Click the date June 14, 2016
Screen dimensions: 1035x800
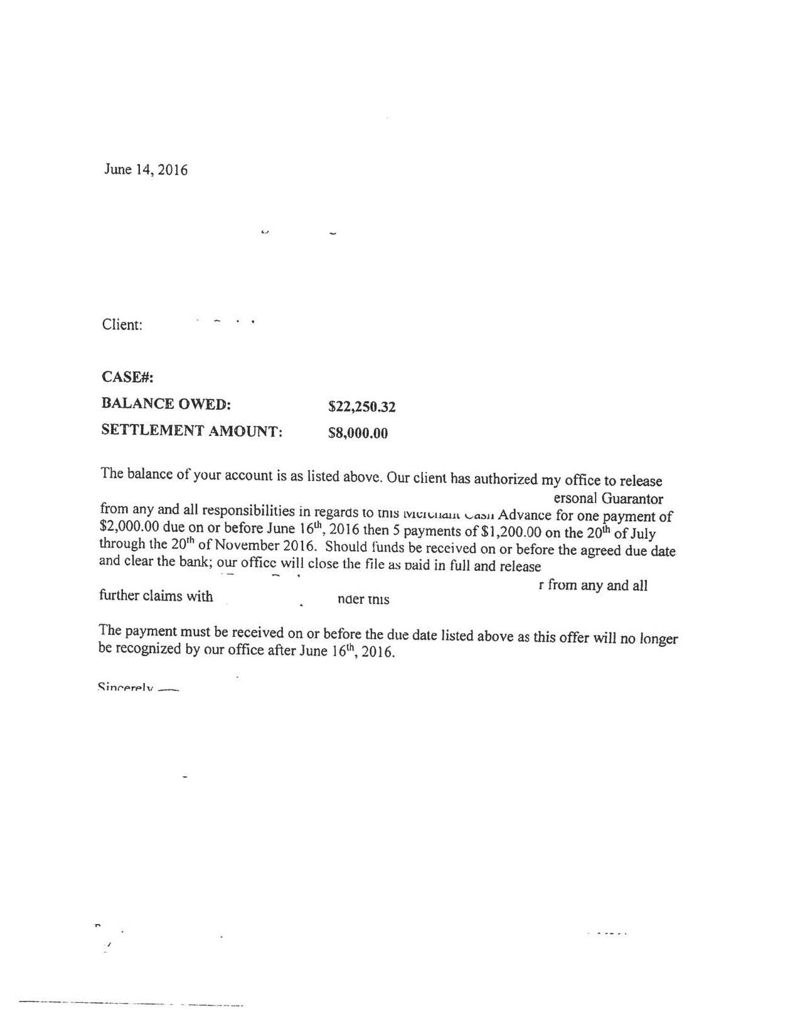pos(146,169)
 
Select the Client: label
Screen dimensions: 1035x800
pos(122,324)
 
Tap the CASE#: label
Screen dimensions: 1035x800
pos(127,377)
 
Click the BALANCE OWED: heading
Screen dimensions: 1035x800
pos(166,404)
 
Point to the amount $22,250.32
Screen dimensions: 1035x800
pos(362,407)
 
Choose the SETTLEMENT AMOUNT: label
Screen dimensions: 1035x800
pos(191,431)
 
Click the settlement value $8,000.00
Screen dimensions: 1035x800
pos(358,433)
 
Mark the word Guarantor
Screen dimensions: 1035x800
pos(632,499)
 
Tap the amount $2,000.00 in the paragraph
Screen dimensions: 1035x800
pos(129,526)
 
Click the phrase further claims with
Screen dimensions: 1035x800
pos(156,596)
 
